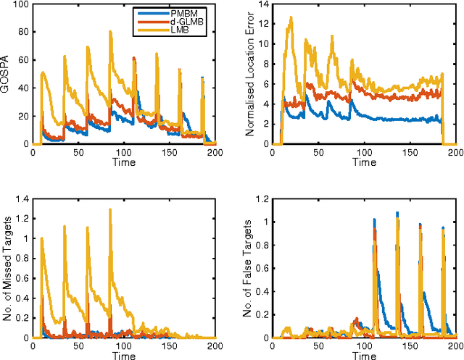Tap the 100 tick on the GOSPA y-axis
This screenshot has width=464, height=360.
point(21,5)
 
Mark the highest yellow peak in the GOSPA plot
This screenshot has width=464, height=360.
point(110,31)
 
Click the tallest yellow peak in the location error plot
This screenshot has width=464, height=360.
point(291,17)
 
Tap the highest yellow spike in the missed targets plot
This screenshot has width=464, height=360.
point(110,209)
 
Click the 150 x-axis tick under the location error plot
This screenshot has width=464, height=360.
point(410,154)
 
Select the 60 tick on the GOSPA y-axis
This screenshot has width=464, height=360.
point(24,61)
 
